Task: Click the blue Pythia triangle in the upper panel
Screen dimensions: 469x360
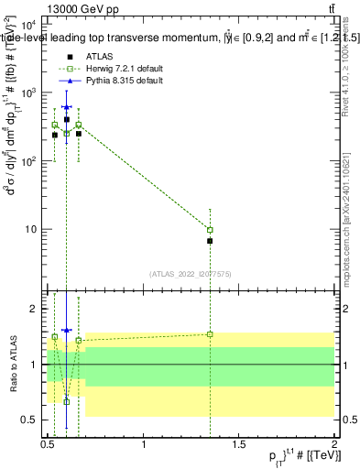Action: pyautogui.click(x=66, y=107)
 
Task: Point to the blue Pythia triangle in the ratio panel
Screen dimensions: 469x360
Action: pyautogui.click(x=66, y=330)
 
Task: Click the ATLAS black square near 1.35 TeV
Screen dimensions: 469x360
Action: pyautogui.click(x=210, y=241)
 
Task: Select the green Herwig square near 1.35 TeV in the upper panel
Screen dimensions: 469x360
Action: pyautogui.click(x=210, y=230)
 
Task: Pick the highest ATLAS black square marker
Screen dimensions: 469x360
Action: pyautogui.click(x=66, y=119)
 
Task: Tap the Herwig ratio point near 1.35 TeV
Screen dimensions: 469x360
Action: pyautogui.click(x=210, y=334)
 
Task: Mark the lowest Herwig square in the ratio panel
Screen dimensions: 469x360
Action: pyautogui.click(x=66, y=401)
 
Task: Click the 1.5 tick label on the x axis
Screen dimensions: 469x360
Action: pyautogui.click(x=239, y=444)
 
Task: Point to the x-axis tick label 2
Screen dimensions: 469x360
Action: pyautogui.click(x=334, y=444)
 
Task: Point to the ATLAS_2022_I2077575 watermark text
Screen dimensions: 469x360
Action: pyautogui.click(x=190, y=273)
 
